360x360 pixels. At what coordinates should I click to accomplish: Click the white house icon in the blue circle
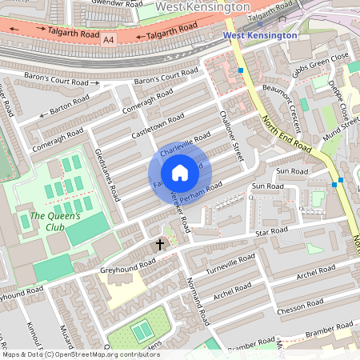tap(180, 173)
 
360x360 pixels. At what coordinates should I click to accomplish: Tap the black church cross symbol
tap(159, 244)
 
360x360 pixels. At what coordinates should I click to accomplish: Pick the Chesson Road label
tap(297, 306)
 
